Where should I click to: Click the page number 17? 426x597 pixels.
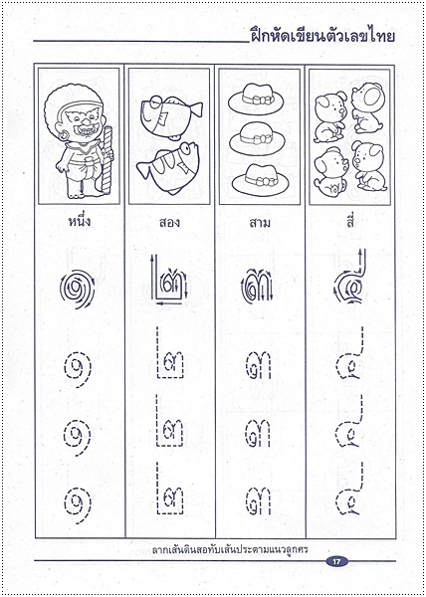coord(338,563)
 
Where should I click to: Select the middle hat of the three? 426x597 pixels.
coord(259,137)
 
